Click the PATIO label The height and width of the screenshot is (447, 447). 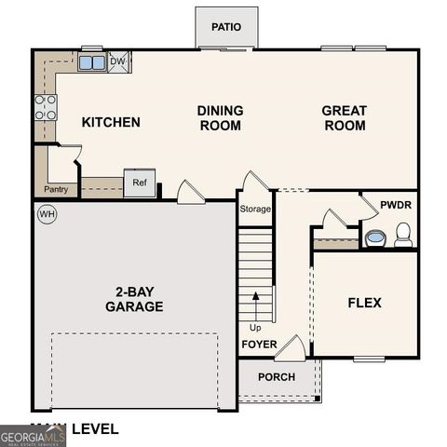point(225,27)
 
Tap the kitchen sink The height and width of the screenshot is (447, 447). point(92,63)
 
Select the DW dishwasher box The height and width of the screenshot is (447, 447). point(117,62)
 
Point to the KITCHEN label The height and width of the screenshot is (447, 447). point(111,122)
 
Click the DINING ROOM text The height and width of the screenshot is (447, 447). point(220,117)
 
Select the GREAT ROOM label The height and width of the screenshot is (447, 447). point(344,117)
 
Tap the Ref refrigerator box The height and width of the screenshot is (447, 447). point(139,183)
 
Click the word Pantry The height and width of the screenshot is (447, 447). point(56,189)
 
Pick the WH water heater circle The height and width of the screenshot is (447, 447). point(47,214)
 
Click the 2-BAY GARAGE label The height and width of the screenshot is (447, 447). point(134,298)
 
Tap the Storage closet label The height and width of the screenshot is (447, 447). point(255,209)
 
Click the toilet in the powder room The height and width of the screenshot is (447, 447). point(403,235)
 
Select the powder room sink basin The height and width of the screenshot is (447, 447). point(375,238)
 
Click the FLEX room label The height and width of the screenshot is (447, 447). point(364,303)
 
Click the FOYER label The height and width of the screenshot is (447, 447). point(260,344)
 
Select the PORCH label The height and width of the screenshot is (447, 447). point(277,377)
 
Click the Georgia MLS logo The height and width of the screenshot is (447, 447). point(33,436)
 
